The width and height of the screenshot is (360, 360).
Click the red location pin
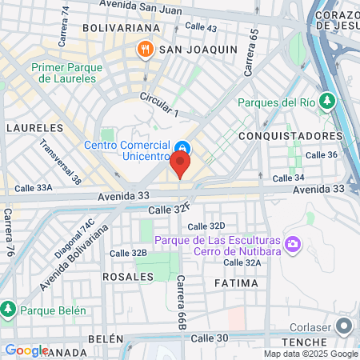pos(180,165)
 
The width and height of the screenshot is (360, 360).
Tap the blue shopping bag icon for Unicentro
pos(182,147)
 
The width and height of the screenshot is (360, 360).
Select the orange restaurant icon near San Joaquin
pos(145,50)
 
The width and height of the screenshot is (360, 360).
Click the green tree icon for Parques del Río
pos(326,101)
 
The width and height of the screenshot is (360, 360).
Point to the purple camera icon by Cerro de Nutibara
pos(293,242)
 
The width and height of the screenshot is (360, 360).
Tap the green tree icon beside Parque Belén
pos(8,308)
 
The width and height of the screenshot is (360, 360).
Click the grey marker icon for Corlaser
pos(345,326)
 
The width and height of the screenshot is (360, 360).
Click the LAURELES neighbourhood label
pos(34,127)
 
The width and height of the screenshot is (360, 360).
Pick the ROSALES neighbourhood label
pos(128,276)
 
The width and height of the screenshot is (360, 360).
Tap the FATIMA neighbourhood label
pos(237,283)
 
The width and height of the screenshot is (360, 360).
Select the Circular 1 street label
pos(159,105)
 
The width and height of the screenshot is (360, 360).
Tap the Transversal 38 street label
pos(62,162)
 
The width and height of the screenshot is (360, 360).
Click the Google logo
pos(26,350)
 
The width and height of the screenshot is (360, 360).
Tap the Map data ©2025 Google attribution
pos(310,354)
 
